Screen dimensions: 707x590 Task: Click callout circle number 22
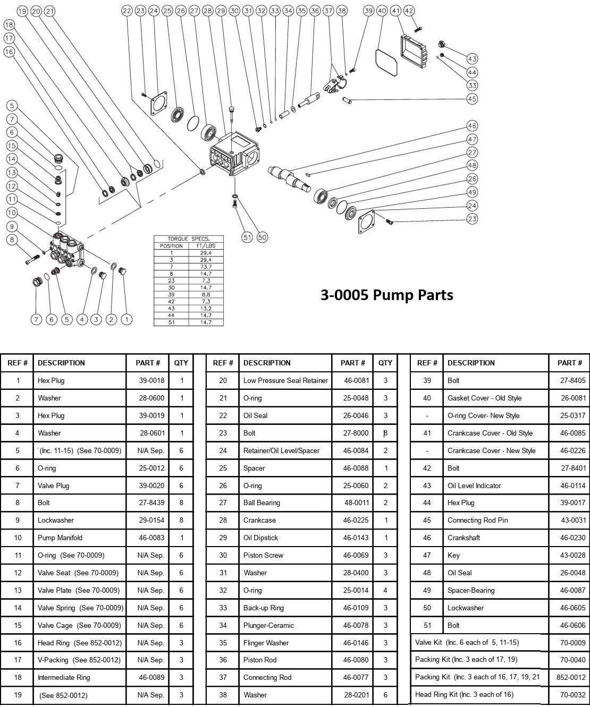pyautogui.click(x=127, y=11)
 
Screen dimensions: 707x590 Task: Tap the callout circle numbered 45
pyautogui.click(x=472, y=98)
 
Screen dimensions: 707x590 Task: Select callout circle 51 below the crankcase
pyautogui.click(x=247, y=237)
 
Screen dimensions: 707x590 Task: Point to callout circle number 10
pyautogui.click(x=12, y=212)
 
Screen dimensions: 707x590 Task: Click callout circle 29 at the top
pyautogui.click(x=221, y=11)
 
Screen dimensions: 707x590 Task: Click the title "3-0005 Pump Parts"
pyautogui.click(x=386, y=295)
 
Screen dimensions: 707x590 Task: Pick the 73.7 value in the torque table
pyautogui.click(x=206, y=267)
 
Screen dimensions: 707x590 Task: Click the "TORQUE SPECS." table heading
pyautogui.click(x=189, y=239)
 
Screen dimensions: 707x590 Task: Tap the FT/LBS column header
pyautogui.click(x=206, y=246)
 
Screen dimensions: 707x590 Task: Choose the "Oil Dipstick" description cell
pyautogui.click(x=260, y=538)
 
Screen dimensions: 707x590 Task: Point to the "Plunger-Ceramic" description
pyautogui.click(x=268, y=625)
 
